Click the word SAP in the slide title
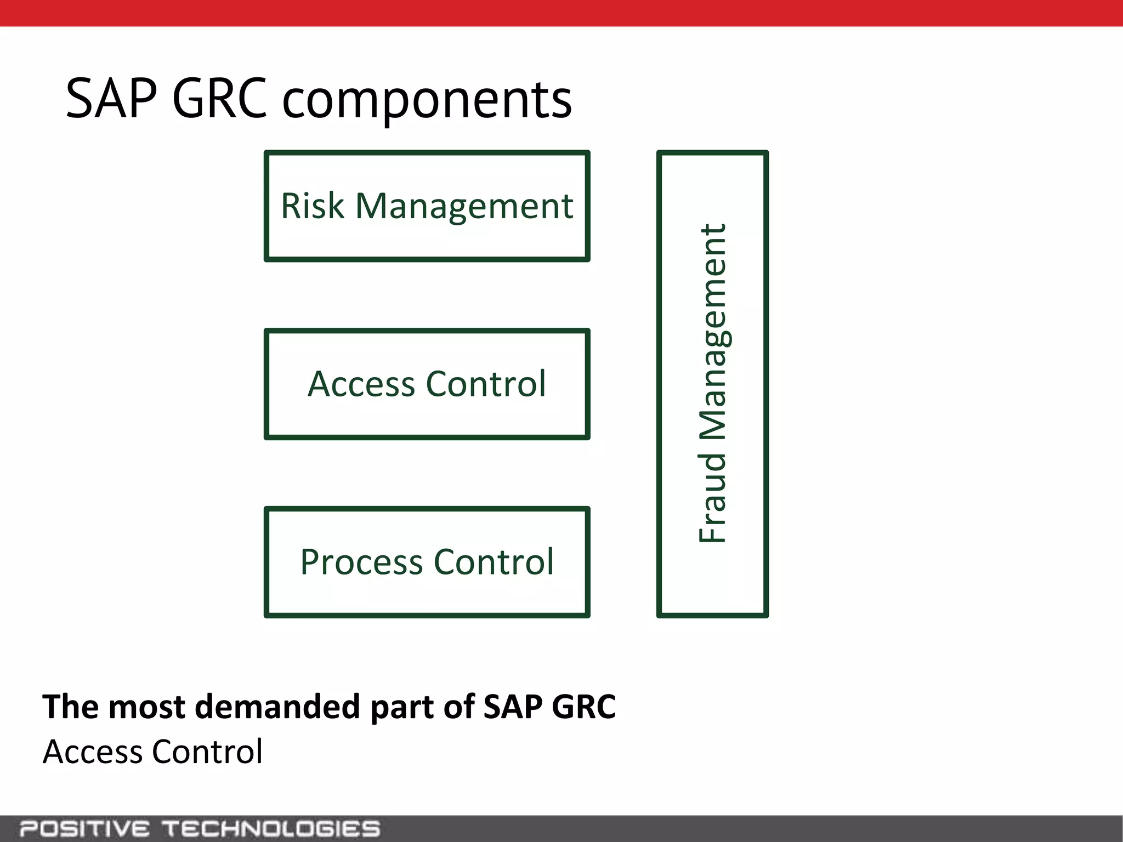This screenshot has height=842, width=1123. coord(111,99)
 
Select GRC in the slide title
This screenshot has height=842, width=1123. coord(219,99)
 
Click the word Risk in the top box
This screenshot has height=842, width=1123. coord(313,206)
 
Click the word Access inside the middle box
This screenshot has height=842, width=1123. coord(361,384)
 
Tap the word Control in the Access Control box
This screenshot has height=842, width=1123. coord(485,384)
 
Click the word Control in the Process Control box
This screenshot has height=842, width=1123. coord(494,562)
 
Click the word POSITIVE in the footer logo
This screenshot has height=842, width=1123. coord(84,828)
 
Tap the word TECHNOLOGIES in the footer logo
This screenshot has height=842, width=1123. coord(272,828)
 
